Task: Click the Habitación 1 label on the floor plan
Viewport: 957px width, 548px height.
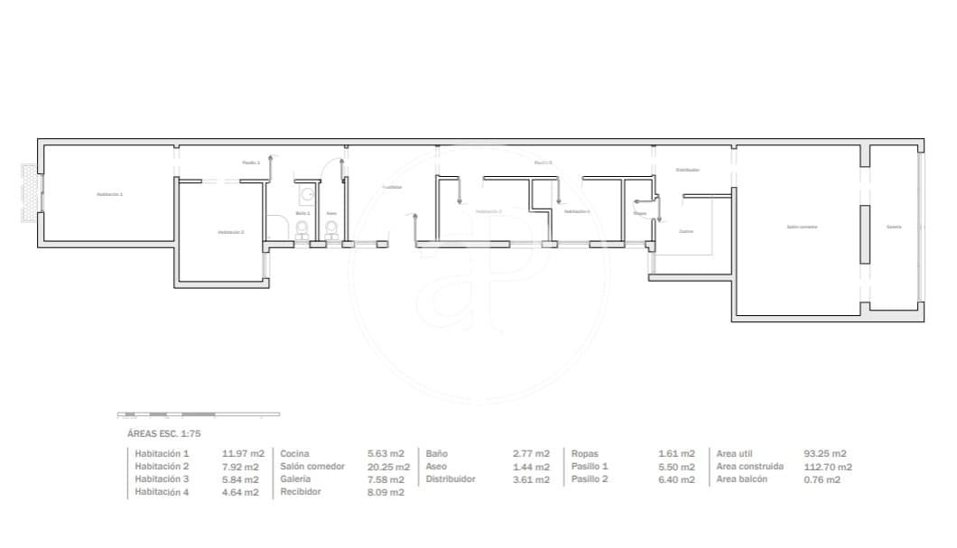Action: tap(110, 194)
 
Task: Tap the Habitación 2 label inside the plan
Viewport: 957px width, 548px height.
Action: tap(230, 232)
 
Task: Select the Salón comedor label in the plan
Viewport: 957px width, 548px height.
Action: tap(802, 227)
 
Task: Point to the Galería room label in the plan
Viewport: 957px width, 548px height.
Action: tap(894, 227)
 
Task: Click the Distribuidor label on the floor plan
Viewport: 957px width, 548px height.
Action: tap(688, 170)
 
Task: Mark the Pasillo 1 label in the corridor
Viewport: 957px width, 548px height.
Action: tap(251, 163)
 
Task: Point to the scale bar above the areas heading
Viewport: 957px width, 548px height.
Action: tap(199, 414)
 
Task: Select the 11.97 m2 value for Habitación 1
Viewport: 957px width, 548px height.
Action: tap(243, 453)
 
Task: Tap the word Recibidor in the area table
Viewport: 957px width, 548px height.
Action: tap(301, 492)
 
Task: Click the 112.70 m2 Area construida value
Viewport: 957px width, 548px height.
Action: tap(827, 467)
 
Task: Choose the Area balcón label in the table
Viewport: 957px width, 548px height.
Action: tap(742, 479)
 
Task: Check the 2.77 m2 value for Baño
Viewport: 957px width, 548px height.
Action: tap(531, 453)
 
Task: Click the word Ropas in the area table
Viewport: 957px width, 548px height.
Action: tap(584, 453)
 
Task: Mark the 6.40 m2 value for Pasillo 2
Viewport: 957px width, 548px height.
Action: tap(676, 479)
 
